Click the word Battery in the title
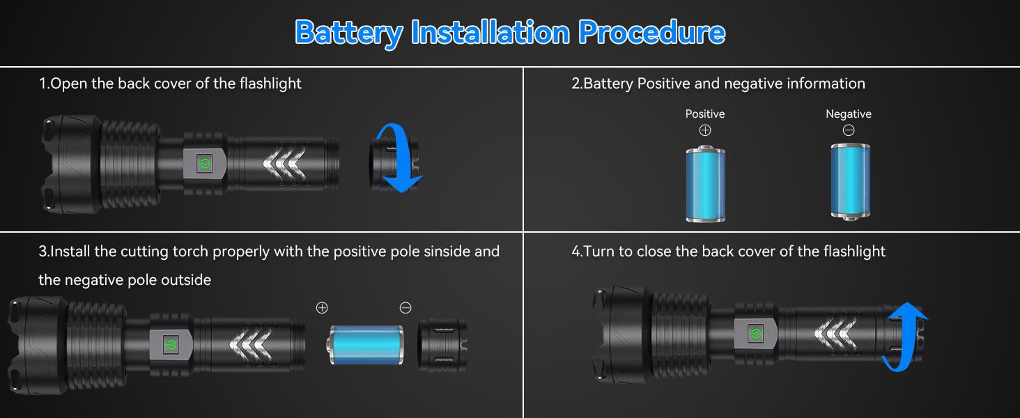pos(348,33)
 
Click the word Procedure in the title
pos(652,33)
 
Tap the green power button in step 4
pos(755,334)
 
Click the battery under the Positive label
pos(705,183)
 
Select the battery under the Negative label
pos(849,182)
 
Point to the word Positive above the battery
pos(705,114)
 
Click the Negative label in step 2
pos(848,114)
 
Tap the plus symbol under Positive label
pos(705,130)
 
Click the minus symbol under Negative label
pos(848,130)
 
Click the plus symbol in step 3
pos(322,308)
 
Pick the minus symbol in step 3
pos(405,308)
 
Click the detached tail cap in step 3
pos(442,344)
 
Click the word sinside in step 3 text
pos(442,251)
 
